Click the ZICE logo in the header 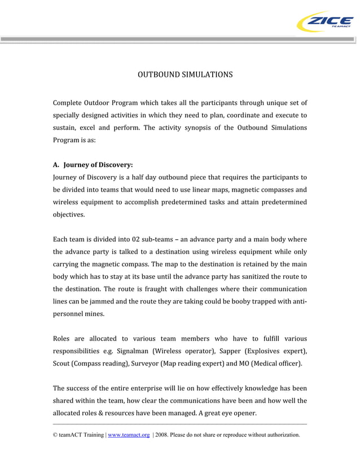point(324,23)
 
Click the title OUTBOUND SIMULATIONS point(185,74)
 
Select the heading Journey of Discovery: point(98,165)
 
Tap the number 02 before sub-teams point(138,240)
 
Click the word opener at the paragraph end point(243,413)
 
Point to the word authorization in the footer point(280,435)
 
